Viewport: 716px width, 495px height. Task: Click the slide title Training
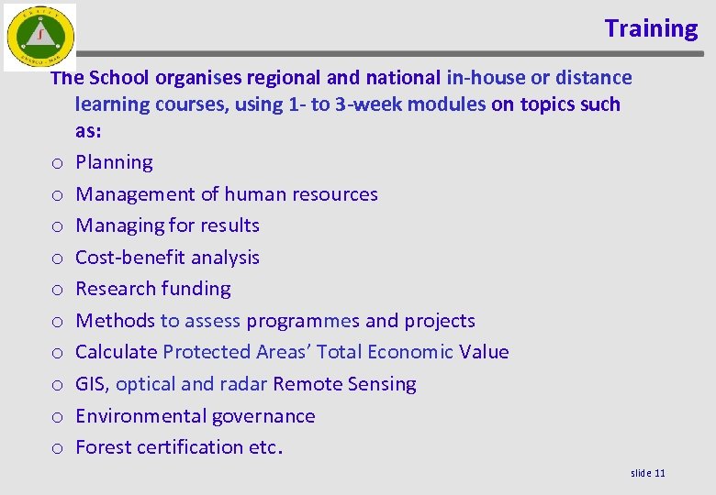pyautogui.click(x=651, y=28)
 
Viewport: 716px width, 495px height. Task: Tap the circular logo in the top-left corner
pyautogui.click(x=39, y=38)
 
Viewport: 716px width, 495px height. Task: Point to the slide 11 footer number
pyautogui.click(x=648, y=472)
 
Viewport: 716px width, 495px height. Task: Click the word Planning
pyautogui.click(x=114, y=162)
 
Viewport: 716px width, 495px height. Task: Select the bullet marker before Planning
pyautogui.click(x=57, y=163)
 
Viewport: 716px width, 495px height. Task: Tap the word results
pyautogui.click(x=228, y=225)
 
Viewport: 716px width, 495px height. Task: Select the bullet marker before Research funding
pyautogui.click(x=57, y=290)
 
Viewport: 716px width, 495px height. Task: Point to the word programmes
pyautogui.click(x=303, y=321)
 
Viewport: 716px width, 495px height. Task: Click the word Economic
pyautogui.click(x=407, y=352)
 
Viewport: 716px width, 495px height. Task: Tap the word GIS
pyautogui.click(x=92, y=384)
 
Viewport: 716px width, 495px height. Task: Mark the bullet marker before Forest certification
pyautogui.click(x=57, y=448)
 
